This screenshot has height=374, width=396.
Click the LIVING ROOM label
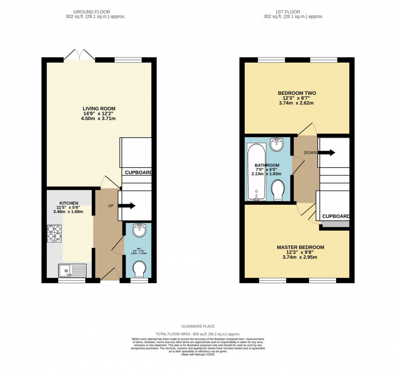coord(99,109)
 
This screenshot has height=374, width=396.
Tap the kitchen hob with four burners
coord(54,233)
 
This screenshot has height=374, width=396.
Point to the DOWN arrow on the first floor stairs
coord(328,153)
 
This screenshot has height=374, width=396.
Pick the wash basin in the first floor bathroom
coord(278,144)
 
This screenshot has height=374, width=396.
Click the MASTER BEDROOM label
coord(300,247)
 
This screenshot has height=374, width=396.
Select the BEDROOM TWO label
coord(297,93)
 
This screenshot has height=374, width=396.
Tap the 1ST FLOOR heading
coord(293,12)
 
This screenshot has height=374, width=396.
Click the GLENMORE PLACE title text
coord(198,326)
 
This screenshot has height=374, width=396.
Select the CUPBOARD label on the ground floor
coord(138,172)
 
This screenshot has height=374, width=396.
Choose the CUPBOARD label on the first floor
coord(336,216)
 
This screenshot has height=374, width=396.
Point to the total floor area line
coord(198,334)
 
